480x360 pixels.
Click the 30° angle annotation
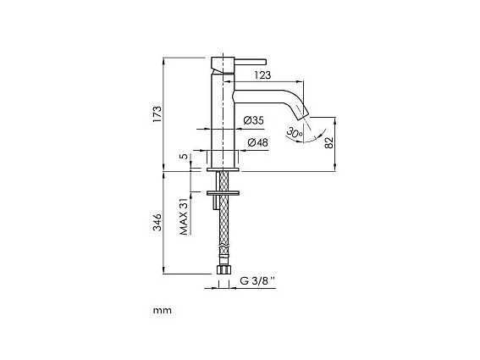click(x=294, y=132)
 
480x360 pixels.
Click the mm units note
click(x=162, y=310)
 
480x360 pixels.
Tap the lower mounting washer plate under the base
click(x=223, y=193)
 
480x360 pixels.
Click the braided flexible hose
click(x=223, y=229)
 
